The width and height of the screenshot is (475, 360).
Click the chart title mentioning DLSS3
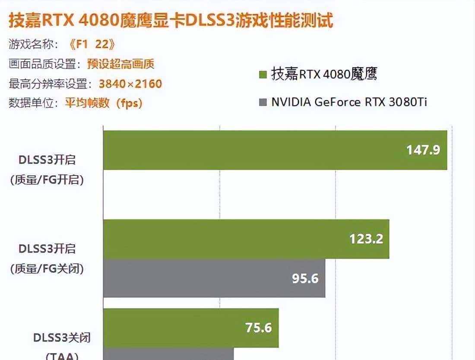pyautogui.click(x=171, y=20)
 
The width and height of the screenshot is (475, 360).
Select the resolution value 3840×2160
pyautogui.click(x=130, y=83)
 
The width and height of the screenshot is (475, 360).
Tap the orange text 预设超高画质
pyautogui.click(x=120, y=64)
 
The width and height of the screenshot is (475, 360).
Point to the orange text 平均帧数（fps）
pyautogui.click(x=104, y=103)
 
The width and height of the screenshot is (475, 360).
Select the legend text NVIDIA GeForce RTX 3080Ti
pyautogui.click(x=349, y=102)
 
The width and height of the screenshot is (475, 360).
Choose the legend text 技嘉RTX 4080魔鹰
pyautogui.click(x=324, y=74)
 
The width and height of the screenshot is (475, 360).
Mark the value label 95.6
pyautogui.click(x=305, y=278)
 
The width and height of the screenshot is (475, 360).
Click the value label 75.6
pyautogui.click(x=259, y=328)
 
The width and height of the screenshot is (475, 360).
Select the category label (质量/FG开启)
pyautogui.click(x=47, y=180)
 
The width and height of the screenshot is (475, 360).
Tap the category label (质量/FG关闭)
pyautogui.click(x=47, y=268)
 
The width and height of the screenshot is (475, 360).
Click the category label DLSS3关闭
pyautogui.click(x=62, y=338)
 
